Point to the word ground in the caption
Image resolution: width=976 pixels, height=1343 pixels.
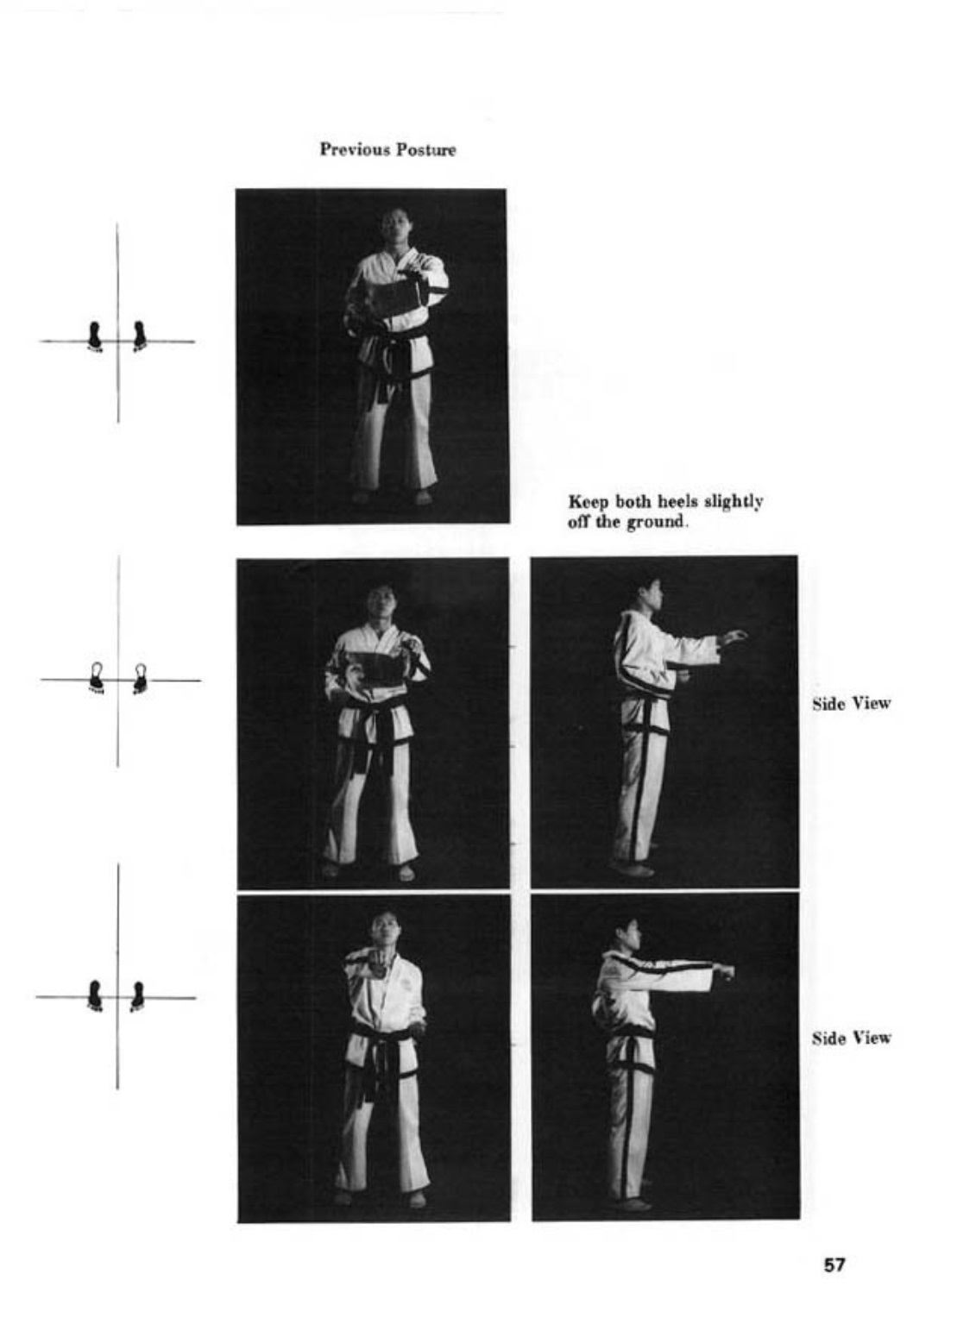[656, 523]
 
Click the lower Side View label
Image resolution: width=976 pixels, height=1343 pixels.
[851, 1038]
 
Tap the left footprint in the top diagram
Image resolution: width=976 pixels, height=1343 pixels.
[95, 336]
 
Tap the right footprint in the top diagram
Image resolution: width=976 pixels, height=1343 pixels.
[139, 336]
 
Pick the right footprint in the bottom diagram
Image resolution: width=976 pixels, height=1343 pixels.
[137, 996]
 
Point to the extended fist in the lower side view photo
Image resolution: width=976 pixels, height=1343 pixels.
[727, 971]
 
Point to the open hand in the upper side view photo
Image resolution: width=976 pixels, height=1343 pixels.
[733, 637]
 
